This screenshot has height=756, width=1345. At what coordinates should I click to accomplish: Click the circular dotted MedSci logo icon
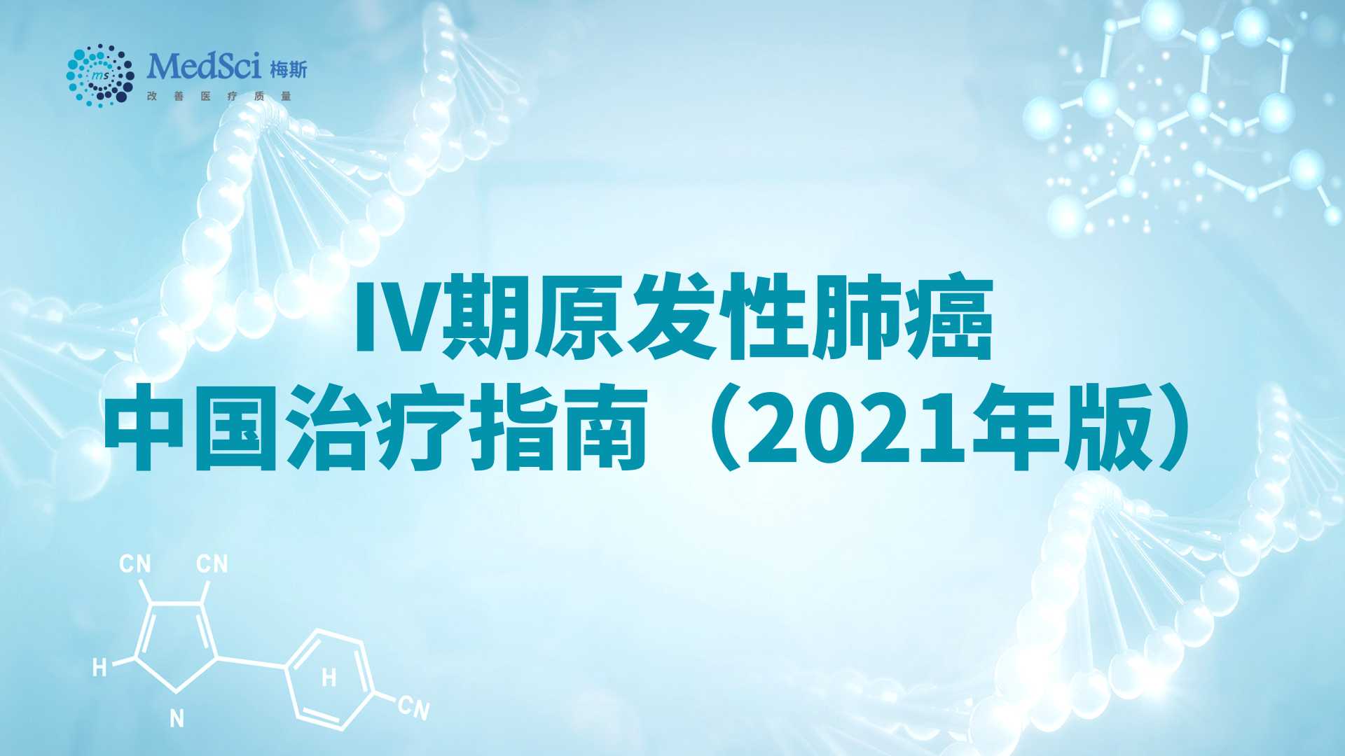[x=100, y=72]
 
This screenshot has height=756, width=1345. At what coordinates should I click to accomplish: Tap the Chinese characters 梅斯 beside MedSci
[x=288, y=69]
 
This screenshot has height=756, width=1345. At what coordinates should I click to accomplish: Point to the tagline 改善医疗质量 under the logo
[x=219, y=96]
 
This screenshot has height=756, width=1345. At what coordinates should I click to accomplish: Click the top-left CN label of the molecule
[x=135, y=563]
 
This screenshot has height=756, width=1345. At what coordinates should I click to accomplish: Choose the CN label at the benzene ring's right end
[x=413, y=707]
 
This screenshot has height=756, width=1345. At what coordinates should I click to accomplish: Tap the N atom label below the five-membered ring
[x=177, y=717]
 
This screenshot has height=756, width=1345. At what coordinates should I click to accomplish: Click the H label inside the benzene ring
[x=329, y=678]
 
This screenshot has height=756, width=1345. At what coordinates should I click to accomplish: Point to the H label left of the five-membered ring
[x=99, y=667]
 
